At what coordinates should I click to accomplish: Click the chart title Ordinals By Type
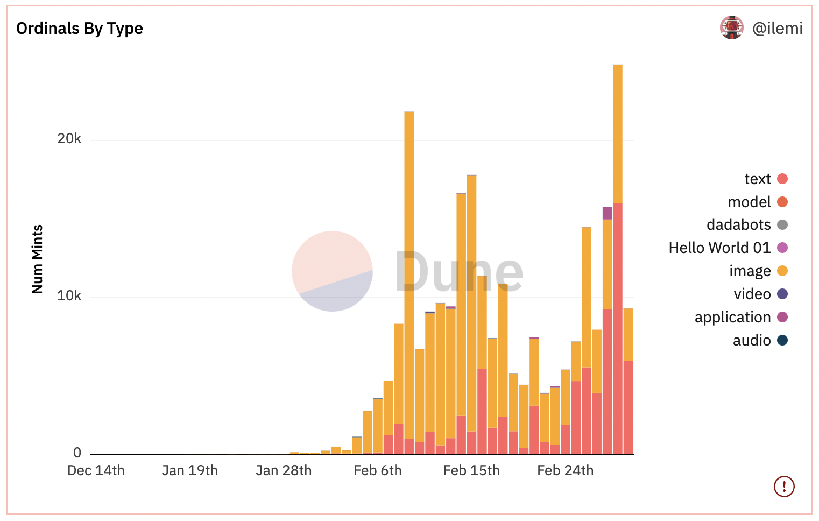80,29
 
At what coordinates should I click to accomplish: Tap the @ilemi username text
777,29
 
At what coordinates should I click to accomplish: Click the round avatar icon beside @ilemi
731,28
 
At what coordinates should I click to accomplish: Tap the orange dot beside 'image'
782,271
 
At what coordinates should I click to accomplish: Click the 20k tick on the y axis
69,139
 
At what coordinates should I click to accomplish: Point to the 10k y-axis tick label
69,296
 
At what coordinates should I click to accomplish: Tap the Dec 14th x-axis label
96,470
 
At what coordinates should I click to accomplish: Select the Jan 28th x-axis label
284,470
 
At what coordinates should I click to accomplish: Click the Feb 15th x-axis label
471,470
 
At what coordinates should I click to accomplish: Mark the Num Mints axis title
37,259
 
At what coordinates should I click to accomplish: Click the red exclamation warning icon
784,487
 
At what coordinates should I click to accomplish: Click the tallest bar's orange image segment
618,135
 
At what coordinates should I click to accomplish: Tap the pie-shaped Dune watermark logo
332,271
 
